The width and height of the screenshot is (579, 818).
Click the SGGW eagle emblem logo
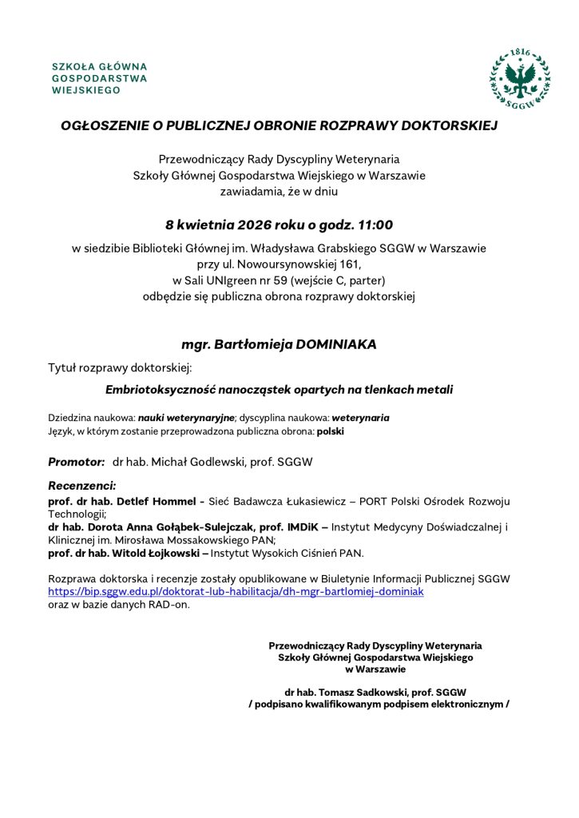[x=520, y=77]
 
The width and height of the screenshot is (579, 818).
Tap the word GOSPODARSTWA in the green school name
[x=99, y=78]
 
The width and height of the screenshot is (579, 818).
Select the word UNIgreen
[x=236, y=280]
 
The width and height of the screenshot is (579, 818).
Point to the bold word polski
[x=330, y=431]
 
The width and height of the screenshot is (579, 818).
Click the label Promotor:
[x=77, y=462]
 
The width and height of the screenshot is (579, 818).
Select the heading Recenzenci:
[x=82, y=486]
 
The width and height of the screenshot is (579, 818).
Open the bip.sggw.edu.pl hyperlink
[x=236, y=591]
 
